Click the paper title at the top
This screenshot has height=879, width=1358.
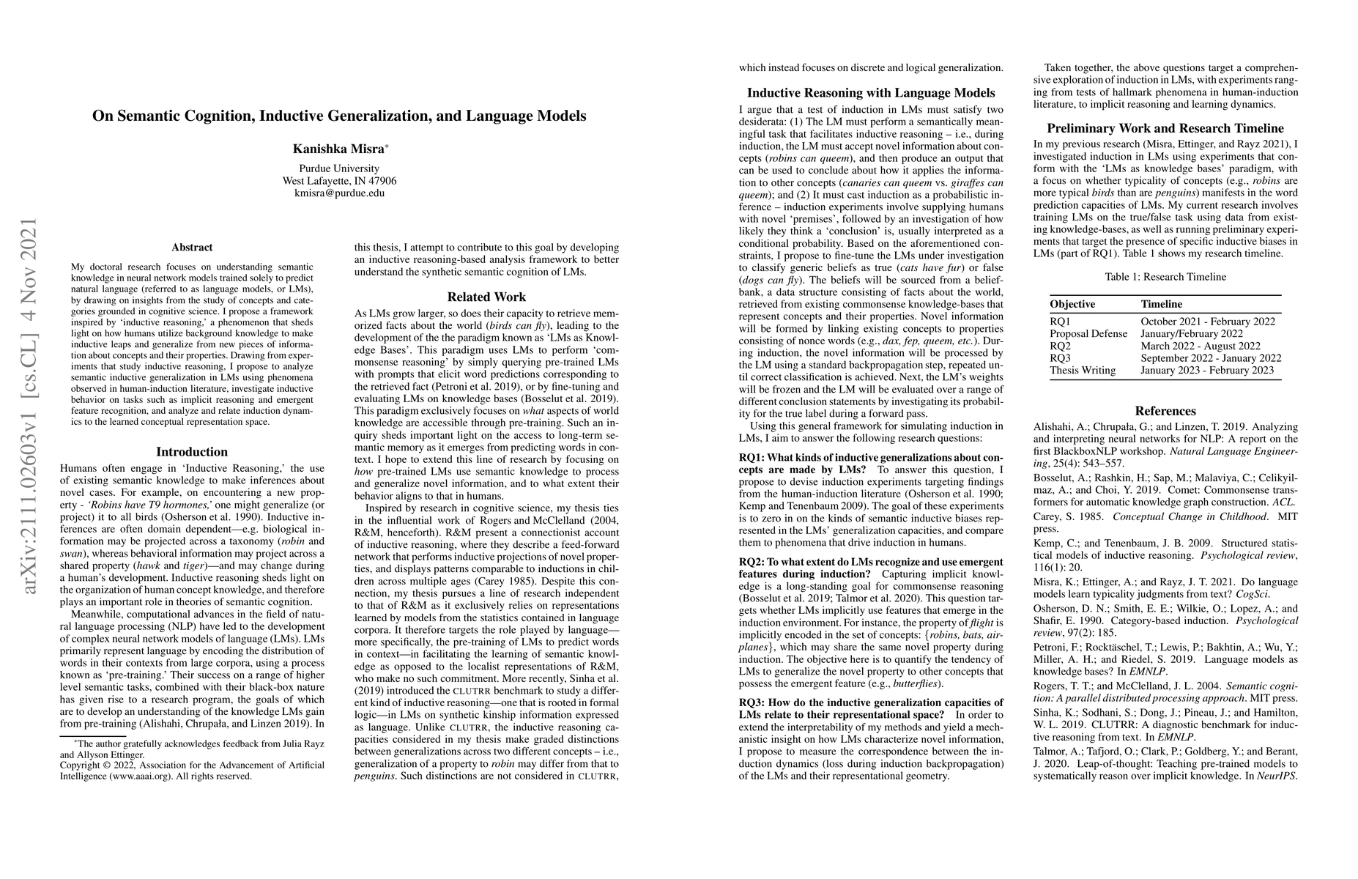tap(339, 116)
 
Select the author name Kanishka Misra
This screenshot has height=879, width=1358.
tap(338, 149)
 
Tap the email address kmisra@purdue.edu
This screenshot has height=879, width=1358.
tap(339, 193)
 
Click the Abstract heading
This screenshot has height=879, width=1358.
tap(192, 248)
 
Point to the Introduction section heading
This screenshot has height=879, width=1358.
tap(192, 452)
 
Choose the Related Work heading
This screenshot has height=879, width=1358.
tap(486, 297)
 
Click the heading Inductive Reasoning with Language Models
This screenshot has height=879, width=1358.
tap(871, 93)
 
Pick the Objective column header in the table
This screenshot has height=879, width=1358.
tap(1072, 304)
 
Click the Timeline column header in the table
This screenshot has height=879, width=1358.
tap(1161, 304)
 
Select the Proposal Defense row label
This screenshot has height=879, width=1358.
tap(1088, 333)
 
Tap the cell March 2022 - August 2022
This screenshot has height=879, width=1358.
tap(1200, 346)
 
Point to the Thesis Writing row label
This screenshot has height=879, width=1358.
tap(1083, 370)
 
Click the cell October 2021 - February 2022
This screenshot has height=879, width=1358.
tap(1207, 322)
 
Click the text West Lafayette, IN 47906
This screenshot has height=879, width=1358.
tap(339, 181)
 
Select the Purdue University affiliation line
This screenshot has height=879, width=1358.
tap(339, 168)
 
